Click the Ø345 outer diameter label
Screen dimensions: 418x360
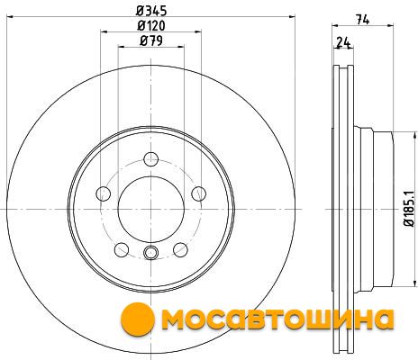[151, 11]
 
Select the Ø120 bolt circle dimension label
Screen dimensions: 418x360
[151, 25]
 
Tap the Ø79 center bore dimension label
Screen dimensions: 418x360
[151, 40]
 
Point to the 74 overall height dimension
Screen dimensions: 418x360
[363, 20]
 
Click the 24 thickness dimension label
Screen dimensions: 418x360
[343, 42]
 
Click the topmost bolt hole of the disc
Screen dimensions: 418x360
[151, 159]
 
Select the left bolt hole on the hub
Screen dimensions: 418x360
[104, 193]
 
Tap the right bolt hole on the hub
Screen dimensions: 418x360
[199, 193]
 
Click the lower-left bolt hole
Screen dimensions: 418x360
[122, 249]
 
